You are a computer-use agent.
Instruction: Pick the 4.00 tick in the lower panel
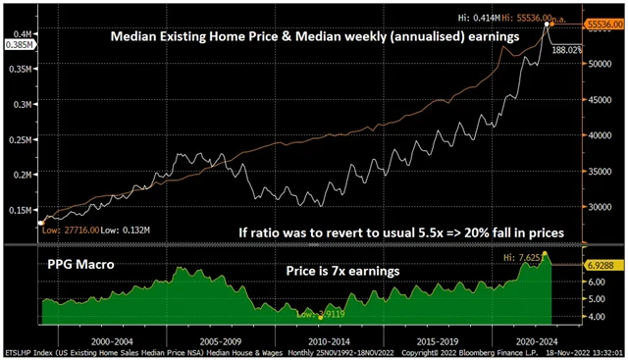[x=597, y=317]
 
